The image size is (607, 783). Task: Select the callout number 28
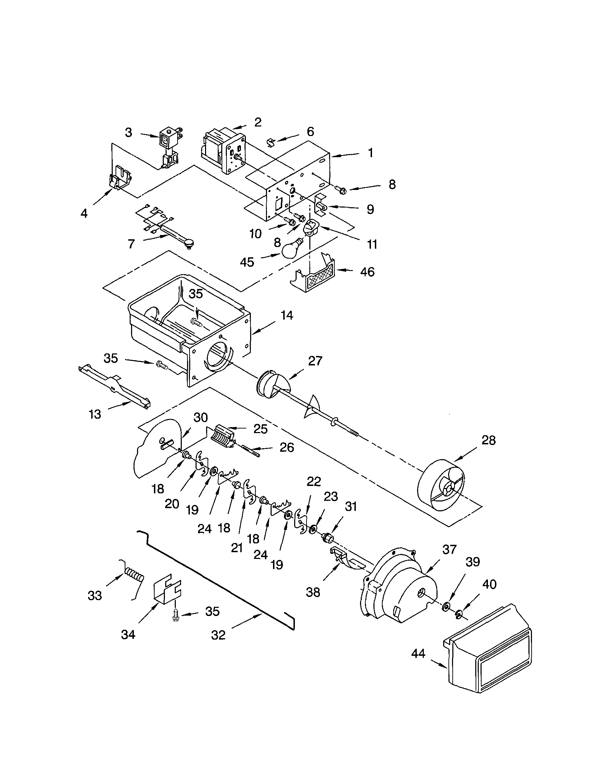click(488, 440)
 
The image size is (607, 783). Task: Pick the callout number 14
click(287, 315)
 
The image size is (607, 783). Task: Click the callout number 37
click(449, 549)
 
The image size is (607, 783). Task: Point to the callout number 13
click(95, 414)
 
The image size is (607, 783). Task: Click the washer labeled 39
click(446, 606)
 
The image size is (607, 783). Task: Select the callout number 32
click(218, 635)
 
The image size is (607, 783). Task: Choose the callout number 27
click(315, 361)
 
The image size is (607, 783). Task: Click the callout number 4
click(84, 213)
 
